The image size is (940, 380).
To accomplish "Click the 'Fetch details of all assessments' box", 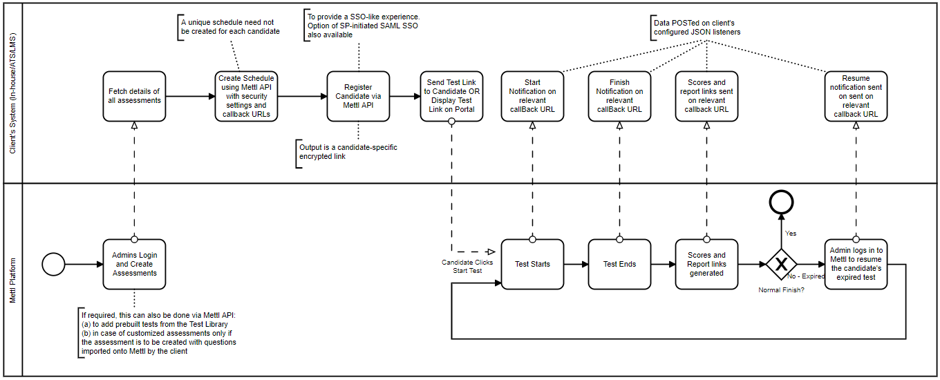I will (x=134, y=96).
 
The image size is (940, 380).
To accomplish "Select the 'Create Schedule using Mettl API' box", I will (x=247, y=96).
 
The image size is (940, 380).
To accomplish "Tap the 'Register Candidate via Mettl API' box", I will (x=358, y=96).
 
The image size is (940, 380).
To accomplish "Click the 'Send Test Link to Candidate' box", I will (x=451, y=96).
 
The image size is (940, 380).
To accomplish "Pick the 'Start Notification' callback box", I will (x=532, y=96).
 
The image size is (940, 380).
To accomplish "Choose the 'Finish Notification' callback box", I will (x=619, y=96).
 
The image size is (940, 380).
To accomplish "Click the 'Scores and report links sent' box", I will (x=707, y=96).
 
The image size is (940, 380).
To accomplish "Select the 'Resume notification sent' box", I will (x=856, y=96).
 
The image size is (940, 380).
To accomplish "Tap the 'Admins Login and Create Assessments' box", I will (x=134, y=264).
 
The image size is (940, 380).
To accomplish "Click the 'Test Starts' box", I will (x=532, y=264).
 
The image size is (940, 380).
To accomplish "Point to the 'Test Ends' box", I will (x=619, y=264).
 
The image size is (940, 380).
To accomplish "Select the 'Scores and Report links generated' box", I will (x=707, y=264).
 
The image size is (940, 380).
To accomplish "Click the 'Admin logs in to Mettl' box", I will (x=856, y=264).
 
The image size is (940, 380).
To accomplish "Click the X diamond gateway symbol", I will (x=781, y=264).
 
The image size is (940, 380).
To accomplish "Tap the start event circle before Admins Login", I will (x=53, y=264).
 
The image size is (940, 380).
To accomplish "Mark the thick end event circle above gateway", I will (x=781, y=202).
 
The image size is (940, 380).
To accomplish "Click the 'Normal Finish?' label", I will (x=781, y=289).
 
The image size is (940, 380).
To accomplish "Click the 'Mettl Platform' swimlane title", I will (x=12, y=279).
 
